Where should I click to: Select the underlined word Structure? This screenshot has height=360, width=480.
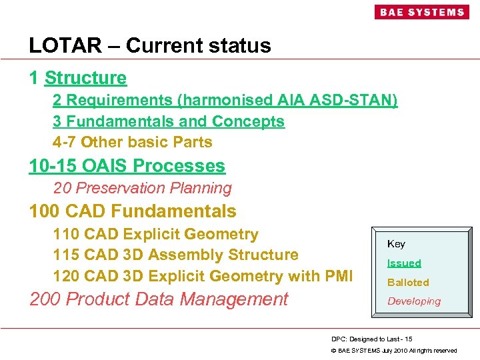tap(85, 78)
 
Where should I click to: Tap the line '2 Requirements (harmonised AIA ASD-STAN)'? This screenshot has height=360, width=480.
tap(225, 100)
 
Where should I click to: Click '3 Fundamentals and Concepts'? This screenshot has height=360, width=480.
tap(169, 121)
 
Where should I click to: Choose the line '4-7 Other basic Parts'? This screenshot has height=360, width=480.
tap(133, 142)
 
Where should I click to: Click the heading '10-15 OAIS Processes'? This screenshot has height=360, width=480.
tap(127, 165)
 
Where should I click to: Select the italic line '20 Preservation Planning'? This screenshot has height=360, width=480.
tap(142, 188)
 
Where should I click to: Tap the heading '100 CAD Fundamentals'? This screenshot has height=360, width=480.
tap(133, 211)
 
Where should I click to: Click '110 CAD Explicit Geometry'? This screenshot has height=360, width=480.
tap(155, 234)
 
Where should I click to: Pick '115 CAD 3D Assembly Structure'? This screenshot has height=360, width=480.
tap(175, 255)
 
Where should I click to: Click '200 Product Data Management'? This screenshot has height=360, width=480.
tap(159, 299)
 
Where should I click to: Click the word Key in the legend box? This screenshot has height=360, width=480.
tap(396, 244)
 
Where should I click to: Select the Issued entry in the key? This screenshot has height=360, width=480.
tap(404, 263)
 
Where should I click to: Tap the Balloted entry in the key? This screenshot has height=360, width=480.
tap(408, 282)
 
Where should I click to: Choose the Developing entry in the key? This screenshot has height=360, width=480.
tap(413, 301)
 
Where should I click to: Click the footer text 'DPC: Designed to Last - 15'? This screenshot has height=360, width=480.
tap(371, 339)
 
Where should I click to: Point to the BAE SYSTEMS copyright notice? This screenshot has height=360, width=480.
tap(394, 351)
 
